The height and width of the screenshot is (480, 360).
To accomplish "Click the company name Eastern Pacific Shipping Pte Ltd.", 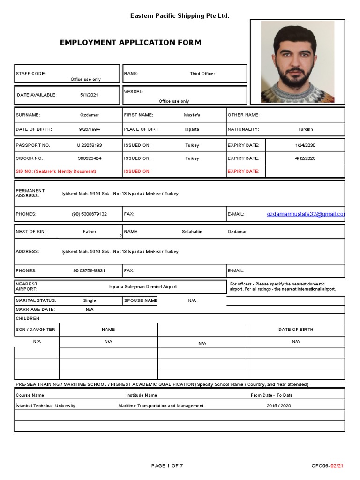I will click(x=180, y=16).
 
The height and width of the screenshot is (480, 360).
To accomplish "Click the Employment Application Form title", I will click(x=131, y=43).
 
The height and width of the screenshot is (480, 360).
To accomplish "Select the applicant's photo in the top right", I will click(x=297, y=62).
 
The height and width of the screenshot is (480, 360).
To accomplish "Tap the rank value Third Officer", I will click(x=202, y=74).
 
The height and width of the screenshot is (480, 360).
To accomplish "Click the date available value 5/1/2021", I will click(x=89, y=95).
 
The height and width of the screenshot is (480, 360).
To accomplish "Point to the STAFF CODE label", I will click(x=31, y=74).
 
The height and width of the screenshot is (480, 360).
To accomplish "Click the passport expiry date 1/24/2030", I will click(x=305, y=145).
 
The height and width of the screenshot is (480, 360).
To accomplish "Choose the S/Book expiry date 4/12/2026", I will click(x=305, y=158).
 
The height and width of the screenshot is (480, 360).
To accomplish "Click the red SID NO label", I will click(x=56, y=171).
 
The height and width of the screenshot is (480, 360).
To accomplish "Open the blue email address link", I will click(x=306, y=214).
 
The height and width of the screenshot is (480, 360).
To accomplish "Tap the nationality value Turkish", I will click(x=305, y=129).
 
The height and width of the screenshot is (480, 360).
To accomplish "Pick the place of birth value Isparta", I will click(x=192, y=129).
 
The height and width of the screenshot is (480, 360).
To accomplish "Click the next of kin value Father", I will click(x=89, y=232).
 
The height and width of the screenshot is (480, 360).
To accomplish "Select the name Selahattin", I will click(x=192, y=232).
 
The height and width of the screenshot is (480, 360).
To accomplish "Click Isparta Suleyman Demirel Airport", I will click(x=143, y=287).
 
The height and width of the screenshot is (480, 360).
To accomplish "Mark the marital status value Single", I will click(x=89, y=300).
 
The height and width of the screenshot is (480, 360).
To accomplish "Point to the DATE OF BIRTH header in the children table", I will click(x=296, y=330).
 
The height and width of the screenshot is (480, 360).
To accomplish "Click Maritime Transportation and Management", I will click(x=161, y=406).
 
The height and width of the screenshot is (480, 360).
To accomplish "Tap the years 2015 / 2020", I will click(x=278, y=406).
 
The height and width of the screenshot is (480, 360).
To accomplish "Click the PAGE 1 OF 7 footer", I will click(x=167, y=466).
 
